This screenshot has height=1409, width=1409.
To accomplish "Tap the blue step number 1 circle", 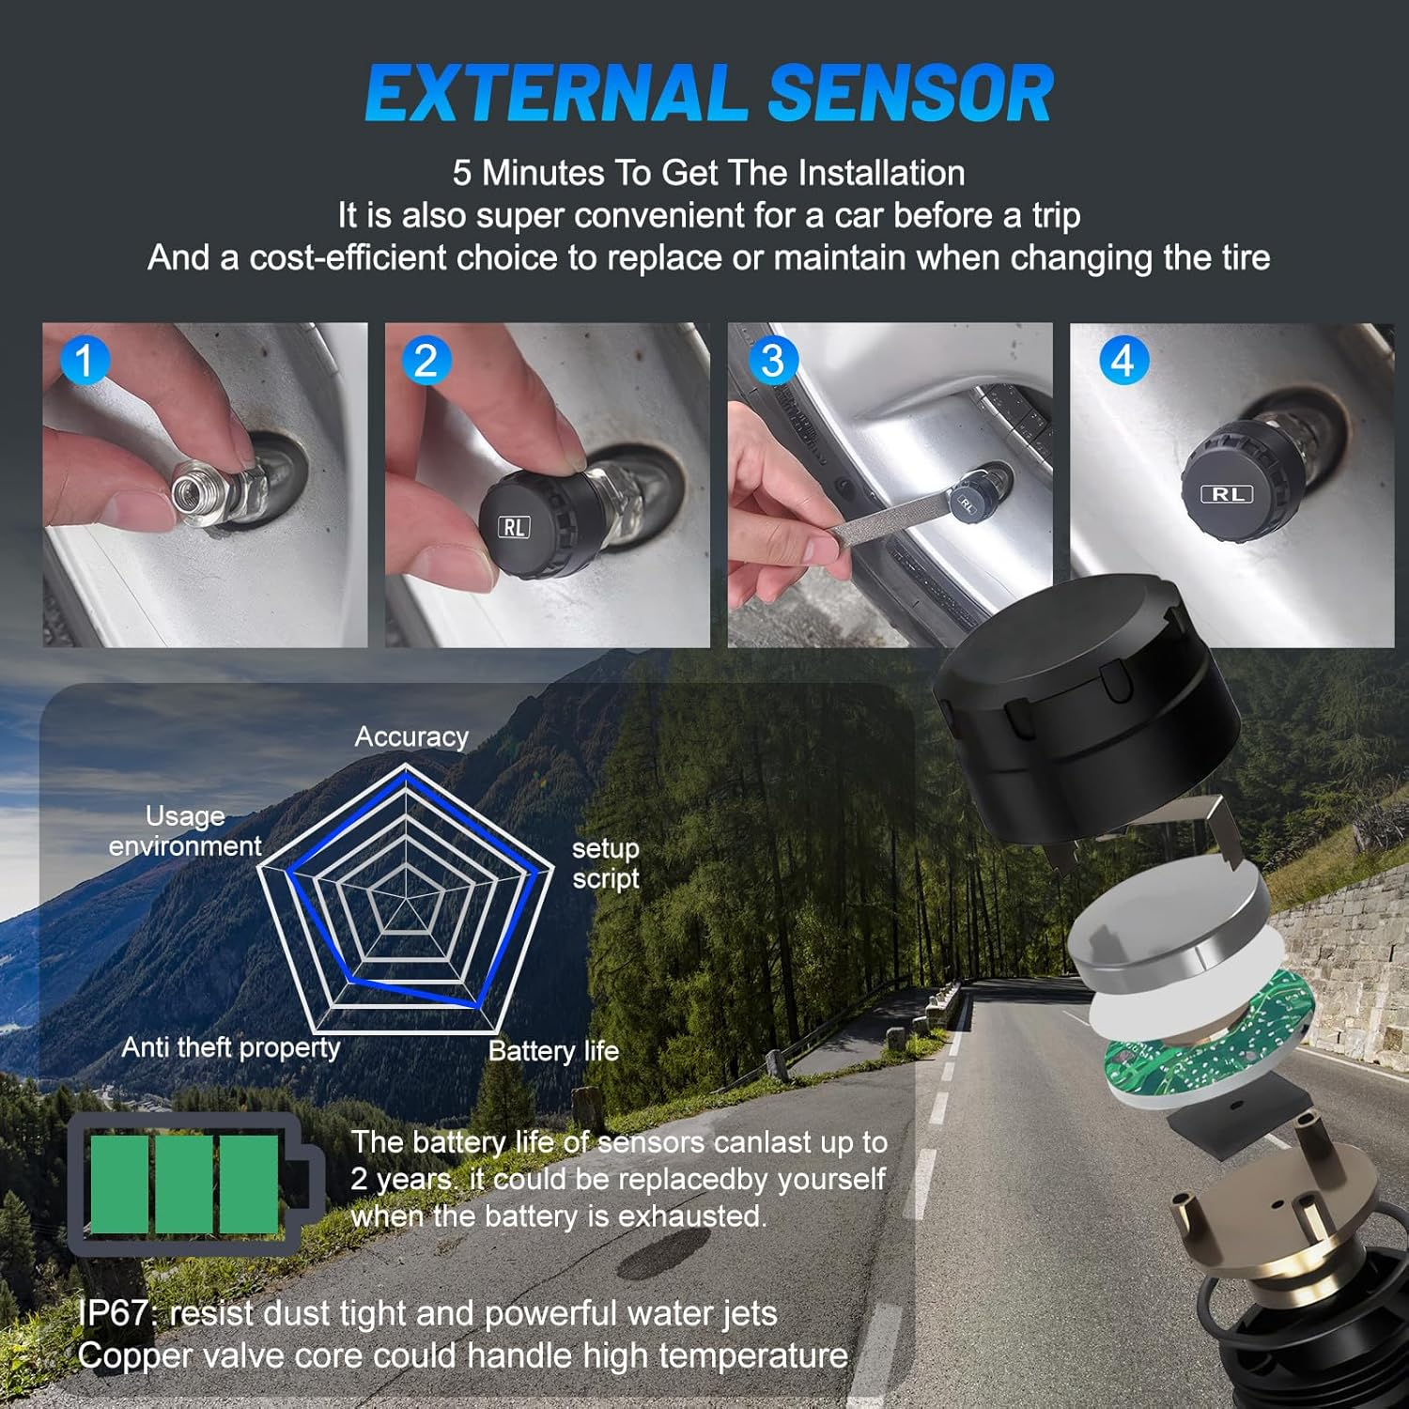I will pyautogui.click(x=84, y=361).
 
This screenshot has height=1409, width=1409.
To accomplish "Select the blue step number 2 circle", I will pyautogui.click(x=426, y=361).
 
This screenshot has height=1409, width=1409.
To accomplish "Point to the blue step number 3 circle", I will pyautogui.click(x=772, y=361).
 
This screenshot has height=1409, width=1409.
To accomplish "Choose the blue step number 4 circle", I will pyautogui.click(x=1123, y=361).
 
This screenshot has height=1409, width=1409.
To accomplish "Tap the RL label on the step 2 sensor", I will pyautogui.click(x=514, y=527).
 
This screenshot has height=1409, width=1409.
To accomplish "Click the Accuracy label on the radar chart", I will pyautogui.click(x=411, y=737).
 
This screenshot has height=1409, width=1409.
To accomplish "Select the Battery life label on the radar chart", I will pyautogui.click(x=553, y=1051).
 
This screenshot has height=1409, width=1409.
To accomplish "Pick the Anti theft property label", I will pyautogui.click(x=231, y=1047).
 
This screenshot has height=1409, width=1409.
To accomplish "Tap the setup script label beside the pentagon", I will pyautogui.click(x=606, y=863).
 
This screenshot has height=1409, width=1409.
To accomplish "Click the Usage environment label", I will pyautogui.click(x=185, y=831).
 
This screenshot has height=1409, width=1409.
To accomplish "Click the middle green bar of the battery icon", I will pyautogui.click(x=184, y=1184).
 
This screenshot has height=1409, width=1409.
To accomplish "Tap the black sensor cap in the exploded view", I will pyautogui.click(x=1080, y=714).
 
